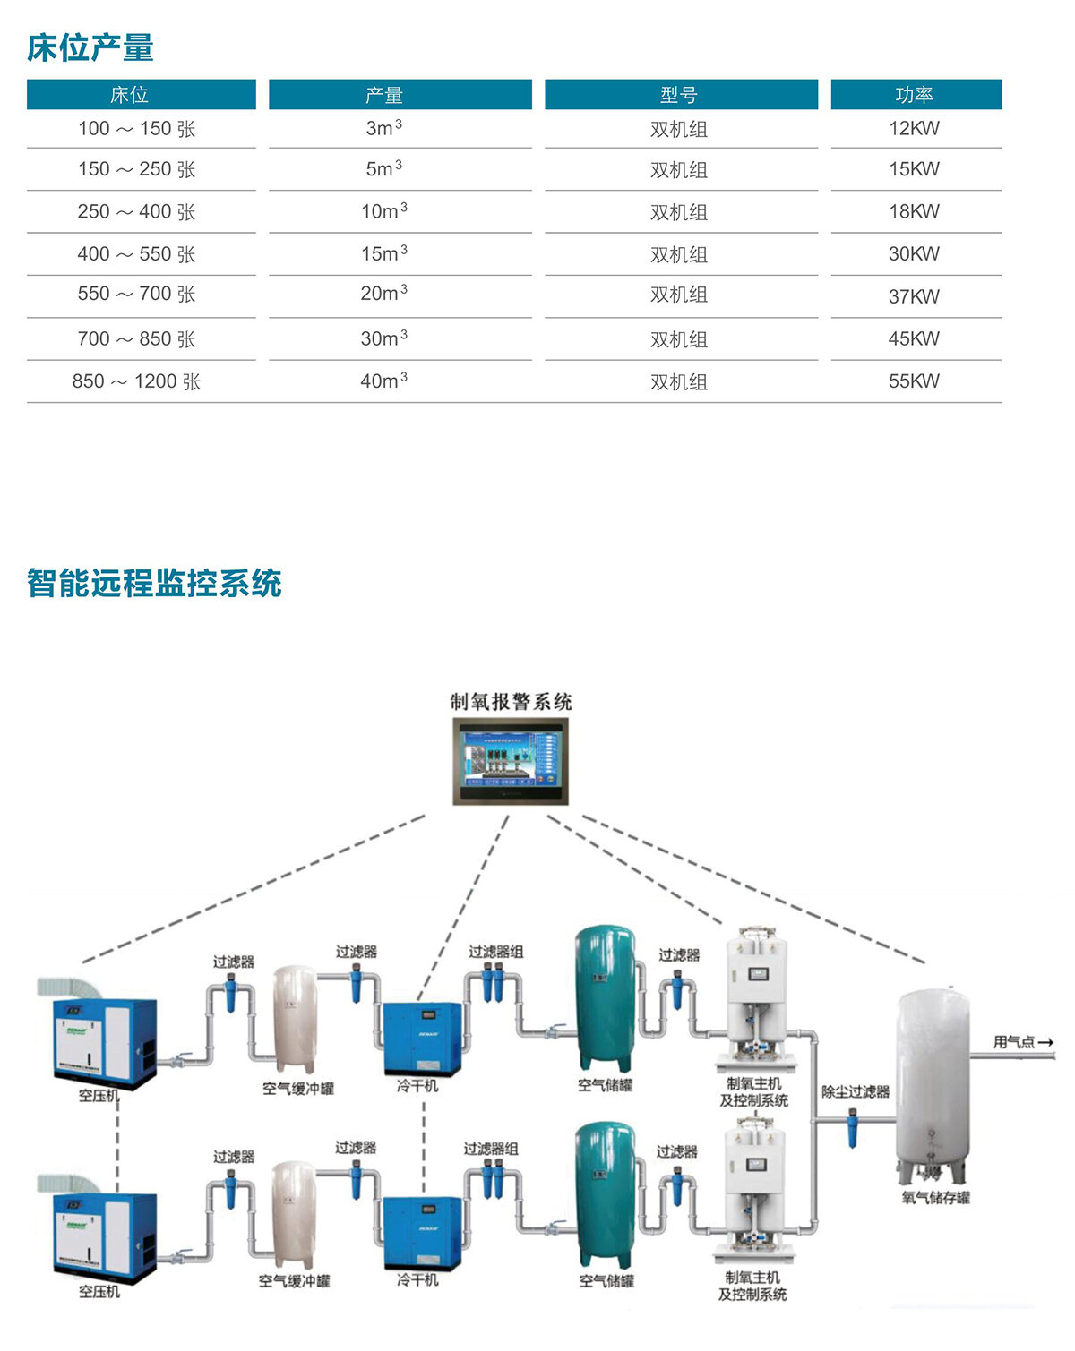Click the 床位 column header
130,95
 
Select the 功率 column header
915,95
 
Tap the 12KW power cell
914,129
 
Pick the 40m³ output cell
383,381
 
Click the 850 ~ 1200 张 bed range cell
136,382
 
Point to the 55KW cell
914,381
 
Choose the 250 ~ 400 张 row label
136,212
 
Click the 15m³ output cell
383,254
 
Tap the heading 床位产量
90,48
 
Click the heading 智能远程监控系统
154,584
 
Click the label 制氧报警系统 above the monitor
511,702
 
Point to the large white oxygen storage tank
933,1083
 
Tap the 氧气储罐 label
935,1198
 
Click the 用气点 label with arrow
1022,1042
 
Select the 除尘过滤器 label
856,1092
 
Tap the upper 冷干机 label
417,1086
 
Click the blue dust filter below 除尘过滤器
852,1128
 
